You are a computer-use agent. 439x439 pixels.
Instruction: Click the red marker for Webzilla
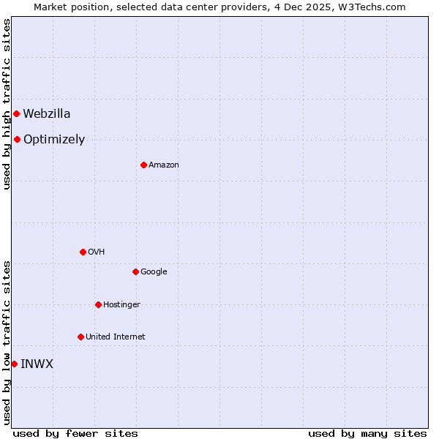click(x=16, y=113)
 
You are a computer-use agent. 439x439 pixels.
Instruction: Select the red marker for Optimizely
click(x=17, y=139)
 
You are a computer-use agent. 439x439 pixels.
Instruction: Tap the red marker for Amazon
click(x=143, y=165)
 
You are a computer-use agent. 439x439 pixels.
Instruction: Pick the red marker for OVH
click(x=83, y=252)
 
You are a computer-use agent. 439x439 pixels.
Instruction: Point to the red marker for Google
click(x=135, y=271)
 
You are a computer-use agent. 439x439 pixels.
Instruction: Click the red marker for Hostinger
click(x=98, y=304)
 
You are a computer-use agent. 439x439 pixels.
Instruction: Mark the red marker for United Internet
click(x=80, y=337)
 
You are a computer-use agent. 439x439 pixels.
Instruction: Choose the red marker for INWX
click(x=14, y=364)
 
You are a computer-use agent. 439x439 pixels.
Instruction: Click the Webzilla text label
click(x=47, y=113)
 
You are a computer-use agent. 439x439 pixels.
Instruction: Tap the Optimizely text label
click(x=54, y=140)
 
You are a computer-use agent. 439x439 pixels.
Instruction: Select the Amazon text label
click(x=164, y=165)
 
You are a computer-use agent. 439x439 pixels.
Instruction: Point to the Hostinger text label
click(x=121, y=304)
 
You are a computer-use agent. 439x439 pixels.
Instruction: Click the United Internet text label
click(x=115, y=337)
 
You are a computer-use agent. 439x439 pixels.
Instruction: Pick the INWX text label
click(x=37, y=364)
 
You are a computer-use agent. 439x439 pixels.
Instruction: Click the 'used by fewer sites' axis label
click(x=75, y=433)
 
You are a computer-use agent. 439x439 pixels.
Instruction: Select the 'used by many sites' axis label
click(x=367, y=433)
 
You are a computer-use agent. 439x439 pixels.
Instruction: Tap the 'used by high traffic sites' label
click(x=7, y=104)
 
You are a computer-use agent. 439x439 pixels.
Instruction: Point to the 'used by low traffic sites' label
click(x=7, y=342)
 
